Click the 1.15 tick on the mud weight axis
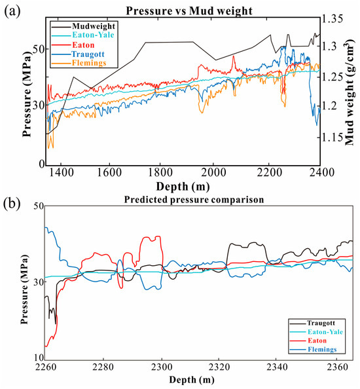pyautogui.click(x=334, y=137)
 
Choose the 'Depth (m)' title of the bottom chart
pyautogui.click(x=190, y=379)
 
